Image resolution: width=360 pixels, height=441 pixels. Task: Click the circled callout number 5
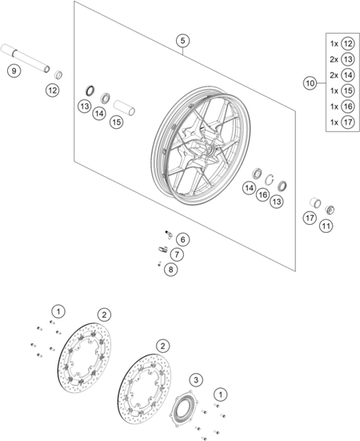pos(182,41)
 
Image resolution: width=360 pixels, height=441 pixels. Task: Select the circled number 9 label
pos(14,70)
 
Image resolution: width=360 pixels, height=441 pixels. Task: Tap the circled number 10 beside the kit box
pos(310,83)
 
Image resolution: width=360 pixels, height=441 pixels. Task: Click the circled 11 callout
pos(326,226)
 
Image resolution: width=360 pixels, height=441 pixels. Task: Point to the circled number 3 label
pos(196,380)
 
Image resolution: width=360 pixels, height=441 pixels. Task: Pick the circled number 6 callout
pos(183,239)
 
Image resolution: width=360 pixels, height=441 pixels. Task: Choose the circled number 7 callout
pos(177,255)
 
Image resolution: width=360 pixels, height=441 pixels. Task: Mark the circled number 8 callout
pos(171,270)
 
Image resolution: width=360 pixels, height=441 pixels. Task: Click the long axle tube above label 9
pos(26,58)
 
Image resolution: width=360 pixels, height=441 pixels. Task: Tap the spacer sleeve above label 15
pos(124,107)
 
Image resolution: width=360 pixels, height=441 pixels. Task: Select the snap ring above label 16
pos(270,178)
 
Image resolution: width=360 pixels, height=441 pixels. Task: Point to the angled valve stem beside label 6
pos(169,234)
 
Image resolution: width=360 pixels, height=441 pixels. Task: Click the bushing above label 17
pos(315,202)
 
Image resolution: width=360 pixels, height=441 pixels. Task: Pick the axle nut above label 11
pos(330,210)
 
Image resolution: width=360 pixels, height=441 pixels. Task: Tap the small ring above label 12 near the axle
pos(58,75)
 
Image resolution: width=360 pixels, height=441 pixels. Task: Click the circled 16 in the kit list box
pos(348,106)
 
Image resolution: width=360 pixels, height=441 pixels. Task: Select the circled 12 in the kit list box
pos(348,43)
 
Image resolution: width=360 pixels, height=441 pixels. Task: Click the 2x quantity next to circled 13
pos(334,59)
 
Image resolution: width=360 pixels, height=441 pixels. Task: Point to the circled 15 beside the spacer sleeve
pos(117,122)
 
